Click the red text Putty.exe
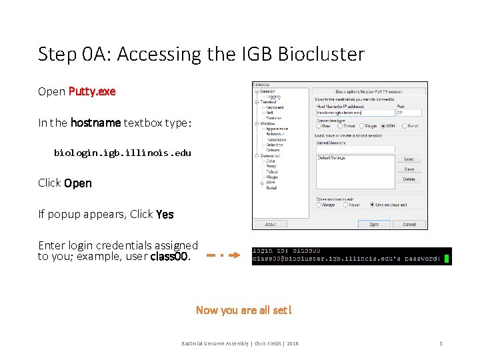(x=92, y=91)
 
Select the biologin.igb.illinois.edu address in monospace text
(x=123, y=153)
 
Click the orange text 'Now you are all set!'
(x=243, y=310)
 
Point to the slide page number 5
(x=441, y=343)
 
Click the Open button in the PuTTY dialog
(x=374, y=224)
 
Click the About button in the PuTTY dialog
(x=270, y=224)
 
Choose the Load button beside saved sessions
(x=409, y=159)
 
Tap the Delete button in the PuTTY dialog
(x=409, y=179)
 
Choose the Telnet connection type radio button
(x=341, y=125)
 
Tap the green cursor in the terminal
(x=448, y=259)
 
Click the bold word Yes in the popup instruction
(x=165, y=214)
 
